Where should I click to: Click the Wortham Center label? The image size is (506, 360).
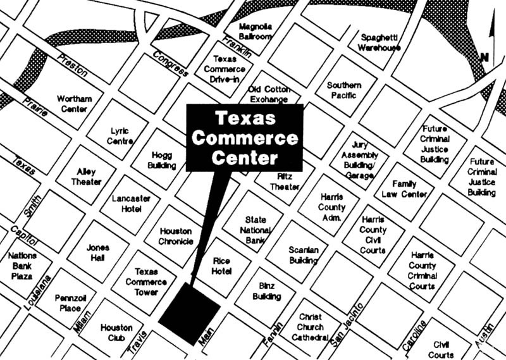(x=74, y=104)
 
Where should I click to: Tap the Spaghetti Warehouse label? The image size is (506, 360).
(x=379, y=42)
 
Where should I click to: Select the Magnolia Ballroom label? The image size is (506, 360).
(x=256, y=31)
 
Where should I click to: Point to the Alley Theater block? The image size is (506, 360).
(x=89, y=177)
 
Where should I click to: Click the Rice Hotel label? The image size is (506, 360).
(x=221, y=265)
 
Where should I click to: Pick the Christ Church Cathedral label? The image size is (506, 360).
(x=309, y=327)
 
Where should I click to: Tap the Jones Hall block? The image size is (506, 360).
(x=97, y=252)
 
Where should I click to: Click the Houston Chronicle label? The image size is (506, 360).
(x=175, y=236)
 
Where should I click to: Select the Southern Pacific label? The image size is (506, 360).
(x=343, y=90)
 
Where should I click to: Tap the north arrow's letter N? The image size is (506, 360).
(x=484, y=58)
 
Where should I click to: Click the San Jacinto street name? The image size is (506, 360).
(x=347, y=324)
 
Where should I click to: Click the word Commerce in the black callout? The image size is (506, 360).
(x=244, y=137)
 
